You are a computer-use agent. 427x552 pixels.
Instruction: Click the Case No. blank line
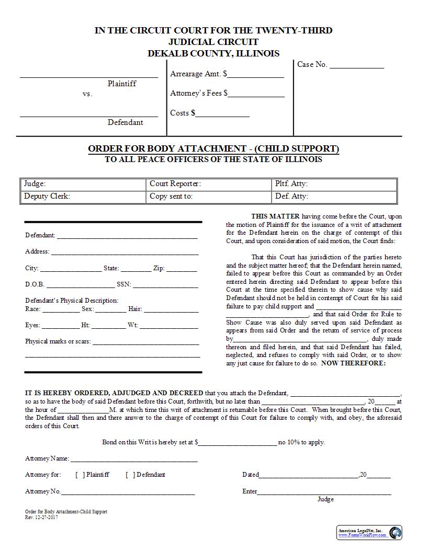356,67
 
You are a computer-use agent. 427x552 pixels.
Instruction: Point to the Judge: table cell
83,184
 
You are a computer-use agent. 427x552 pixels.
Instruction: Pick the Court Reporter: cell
208,184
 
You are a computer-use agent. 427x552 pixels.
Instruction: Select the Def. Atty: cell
334,197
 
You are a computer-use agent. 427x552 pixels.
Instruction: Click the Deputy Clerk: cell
83,197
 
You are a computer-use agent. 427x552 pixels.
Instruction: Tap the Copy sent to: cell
208,197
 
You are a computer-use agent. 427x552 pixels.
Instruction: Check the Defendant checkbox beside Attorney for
130,475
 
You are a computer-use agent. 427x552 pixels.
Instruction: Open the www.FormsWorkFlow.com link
361,535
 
